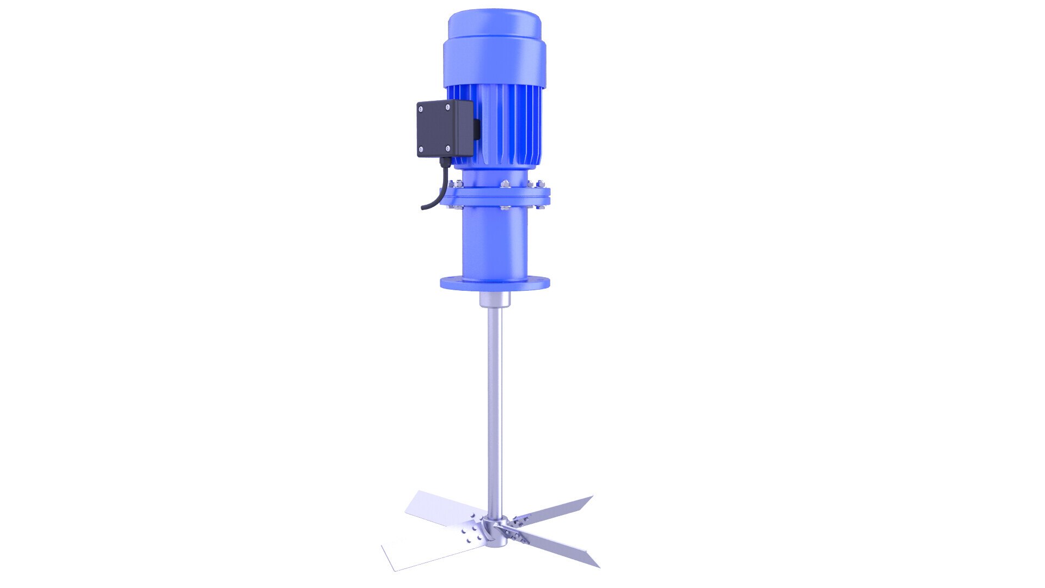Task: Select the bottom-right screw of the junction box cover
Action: pos(448,148)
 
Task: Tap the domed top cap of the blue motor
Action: pos(494,24)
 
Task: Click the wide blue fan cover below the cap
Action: pos(494,63)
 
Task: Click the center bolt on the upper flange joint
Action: pos(505,184)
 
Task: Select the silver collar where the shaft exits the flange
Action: pos(494,300)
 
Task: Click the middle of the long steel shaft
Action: pos(495,397)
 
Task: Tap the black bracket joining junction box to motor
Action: pos(477,129)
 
